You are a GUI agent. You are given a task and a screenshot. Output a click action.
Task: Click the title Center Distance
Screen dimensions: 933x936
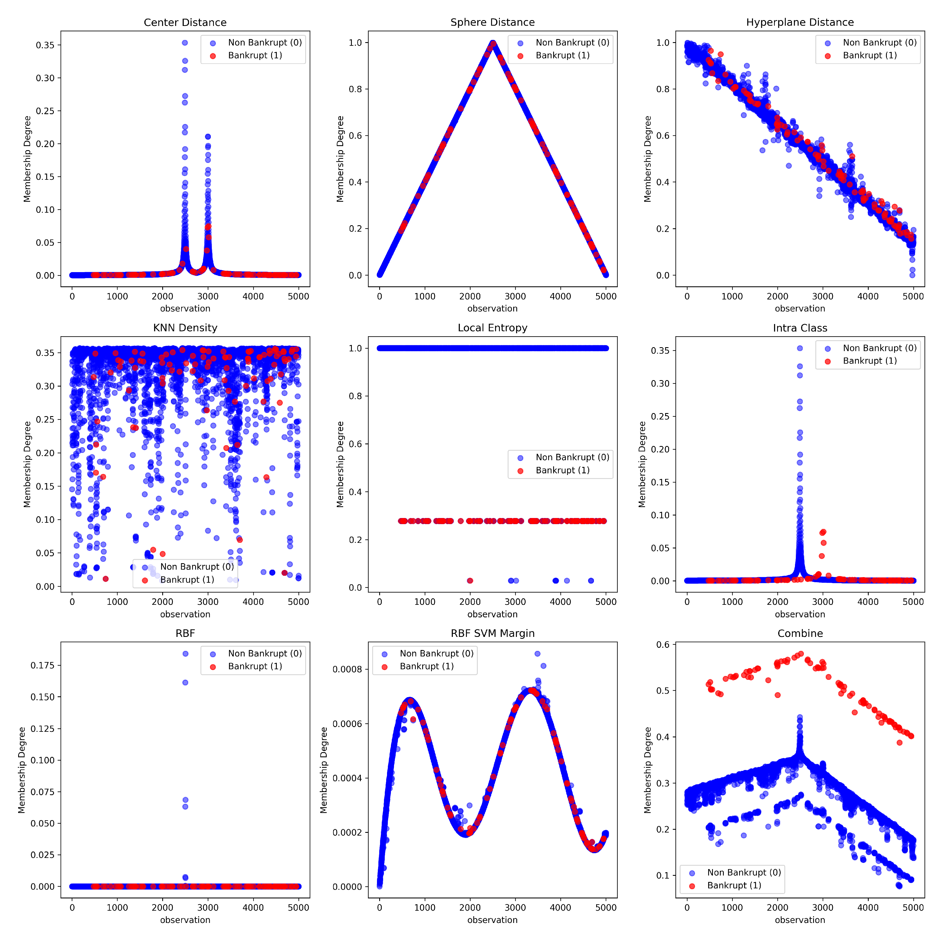click(x=185, y=22)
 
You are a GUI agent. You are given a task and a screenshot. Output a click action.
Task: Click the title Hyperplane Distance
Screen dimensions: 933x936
click(x=799, y=22)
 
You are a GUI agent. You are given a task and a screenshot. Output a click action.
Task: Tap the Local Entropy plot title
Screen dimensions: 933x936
click(x=492, y=328)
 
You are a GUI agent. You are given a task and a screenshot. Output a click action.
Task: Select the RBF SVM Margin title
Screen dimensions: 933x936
click(x=492, y=633)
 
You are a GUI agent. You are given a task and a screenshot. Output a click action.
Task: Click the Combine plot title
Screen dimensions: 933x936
click(x=800, y=633)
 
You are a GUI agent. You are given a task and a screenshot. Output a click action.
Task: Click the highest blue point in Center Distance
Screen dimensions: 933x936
click(x=185, y=43)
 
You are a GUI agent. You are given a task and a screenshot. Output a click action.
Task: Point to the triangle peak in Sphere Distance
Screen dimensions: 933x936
click(x=493, y=44)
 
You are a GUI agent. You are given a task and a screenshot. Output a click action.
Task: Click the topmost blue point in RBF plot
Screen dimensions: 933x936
click(x=185, y=654)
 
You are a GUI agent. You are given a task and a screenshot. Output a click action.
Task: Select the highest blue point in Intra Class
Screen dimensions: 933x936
click(x=800, y=348)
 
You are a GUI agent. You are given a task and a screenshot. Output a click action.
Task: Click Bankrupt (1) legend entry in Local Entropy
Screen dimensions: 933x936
click(x=562, y=470)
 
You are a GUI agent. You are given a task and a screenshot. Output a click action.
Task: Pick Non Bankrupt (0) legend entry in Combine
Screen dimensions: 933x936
click(x=744, y=872)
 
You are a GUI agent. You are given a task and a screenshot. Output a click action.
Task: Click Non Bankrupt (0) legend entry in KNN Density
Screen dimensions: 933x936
click(x=197, y=567)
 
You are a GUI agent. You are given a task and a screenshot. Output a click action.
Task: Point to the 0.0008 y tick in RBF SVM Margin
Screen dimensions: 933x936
click(x=347, y=669)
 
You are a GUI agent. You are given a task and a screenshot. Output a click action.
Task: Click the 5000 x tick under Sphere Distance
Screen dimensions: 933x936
click(x=606, y=296)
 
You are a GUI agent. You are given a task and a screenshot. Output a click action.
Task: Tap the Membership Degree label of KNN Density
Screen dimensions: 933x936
click(x=27, y=464)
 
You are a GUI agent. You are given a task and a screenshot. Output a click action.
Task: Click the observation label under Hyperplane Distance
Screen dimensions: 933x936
click(x=799, y=308)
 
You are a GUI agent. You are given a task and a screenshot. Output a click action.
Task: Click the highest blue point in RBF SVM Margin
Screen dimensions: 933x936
click(x=537, y=654)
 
